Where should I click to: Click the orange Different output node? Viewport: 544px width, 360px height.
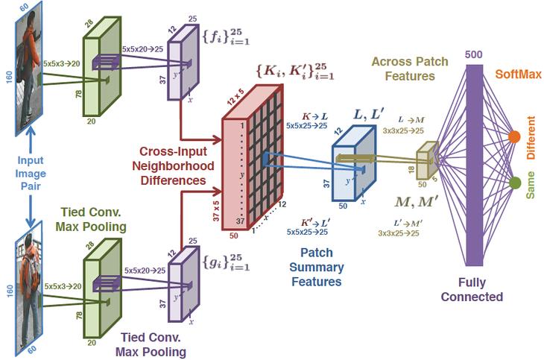click(514, 137)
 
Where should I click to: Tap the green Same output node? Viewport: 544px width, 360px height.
click(514, 183)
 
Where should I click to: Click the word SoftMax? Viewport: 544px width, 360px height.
click(516, 75)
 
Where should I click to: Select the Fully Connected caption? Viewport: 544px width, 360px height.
click(472, 290)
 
